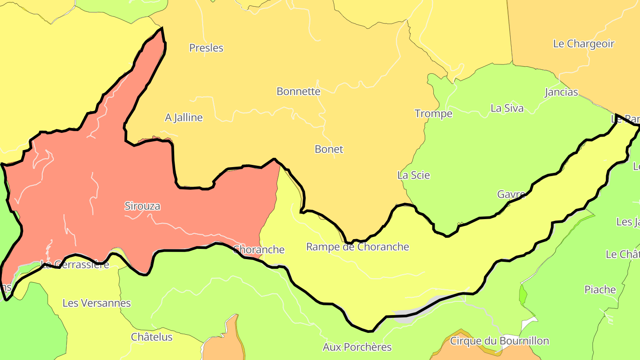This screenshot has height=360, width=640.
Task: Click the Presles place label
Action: click(x=206, y=48)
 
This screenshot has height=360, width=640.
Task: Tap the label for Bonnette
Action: click(x=298, y=92)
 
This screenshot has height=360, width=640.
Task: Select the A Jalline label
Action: click(x=184, y=118)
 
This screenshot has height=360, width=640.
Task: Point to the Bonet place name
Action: click(x=329, y=149)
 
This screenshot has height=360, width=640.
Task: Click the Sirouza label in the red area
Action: click(x=142, y=206)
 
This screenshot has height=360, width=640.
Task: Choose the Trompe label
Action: click(x=433, y=114)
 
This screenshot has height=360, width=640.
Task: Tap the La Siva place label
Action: click(x=507, y=108)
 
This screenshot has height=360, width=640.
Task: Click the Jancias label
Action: click(x=561, y=92)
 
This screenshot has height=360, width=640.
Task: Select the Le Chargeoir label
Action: click(x=584, y=44)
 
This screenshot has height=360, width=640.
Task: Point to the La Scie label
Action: click(x=413, y=176)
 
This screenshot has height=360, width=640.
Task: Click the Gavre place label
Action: click(x=511, y=195)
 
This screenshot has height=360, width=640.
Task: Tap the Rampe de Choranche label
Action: click(x=357, y=247)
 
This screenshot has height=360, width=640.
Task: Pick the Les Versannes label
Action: click(x=96, y=304)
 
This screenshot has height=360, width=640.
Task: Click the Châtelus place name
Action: click(x=152, y=337)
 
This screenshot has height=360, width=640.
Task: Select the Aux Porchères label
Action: click(x=357, y=347)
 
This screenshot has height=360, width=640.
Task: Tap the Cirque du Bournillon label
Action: click(x=499, y=341)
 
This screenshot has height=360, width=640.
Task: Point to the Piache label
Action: click(x=600, y=290)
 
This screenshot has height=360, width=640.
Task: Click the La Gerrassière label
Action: click(x=75, y=265)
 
